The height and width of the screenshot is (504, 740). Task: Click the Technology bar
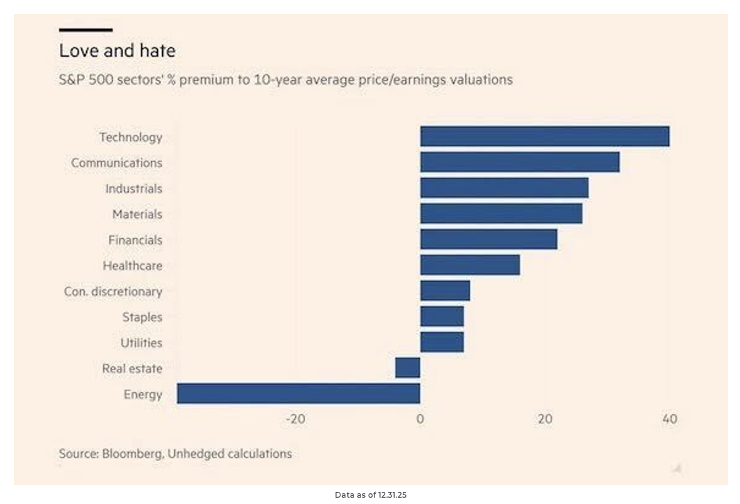pos(544,136)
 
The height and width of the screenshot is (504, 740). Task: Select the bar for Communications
pos(520,162)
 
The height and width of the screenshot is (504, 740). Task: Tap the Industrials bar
pos(504,188)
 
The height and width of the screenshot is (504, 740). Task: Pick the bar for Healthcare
pos(470,265)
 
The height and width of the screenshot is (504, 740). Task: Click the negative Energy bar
pos(298,393)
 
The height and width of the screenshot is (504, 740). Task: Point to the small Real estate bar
pos(407,368)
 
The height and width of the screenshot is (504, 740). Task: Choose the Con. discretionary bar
pos(445,291)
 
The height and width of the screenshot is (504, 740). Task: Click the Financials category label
pos(135,240)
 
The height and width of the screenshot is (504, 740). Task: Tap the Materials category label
pos(137,214)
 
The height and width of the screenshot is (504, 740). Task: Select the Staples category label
pos(142,317)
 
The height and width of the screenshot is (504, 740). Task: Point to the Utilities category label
pos(141,343)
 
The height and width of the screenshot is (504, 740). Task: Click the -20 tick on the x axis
pos(295,419)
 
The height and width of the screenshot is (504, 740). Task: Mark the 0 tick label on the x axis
pos(420,419)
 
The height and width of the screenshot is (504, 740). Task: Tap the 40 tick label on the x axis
pos(669,419)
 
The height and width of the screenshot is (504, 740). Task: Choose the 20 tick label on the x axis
pos(545,419)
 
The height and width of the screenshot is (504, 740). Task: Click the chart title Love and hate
pos(117,51)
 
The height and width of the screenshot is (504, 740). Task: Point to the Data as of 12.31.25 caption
pos(371,495)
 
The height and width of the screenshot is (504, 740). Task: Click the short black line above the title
pos(86,30)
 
